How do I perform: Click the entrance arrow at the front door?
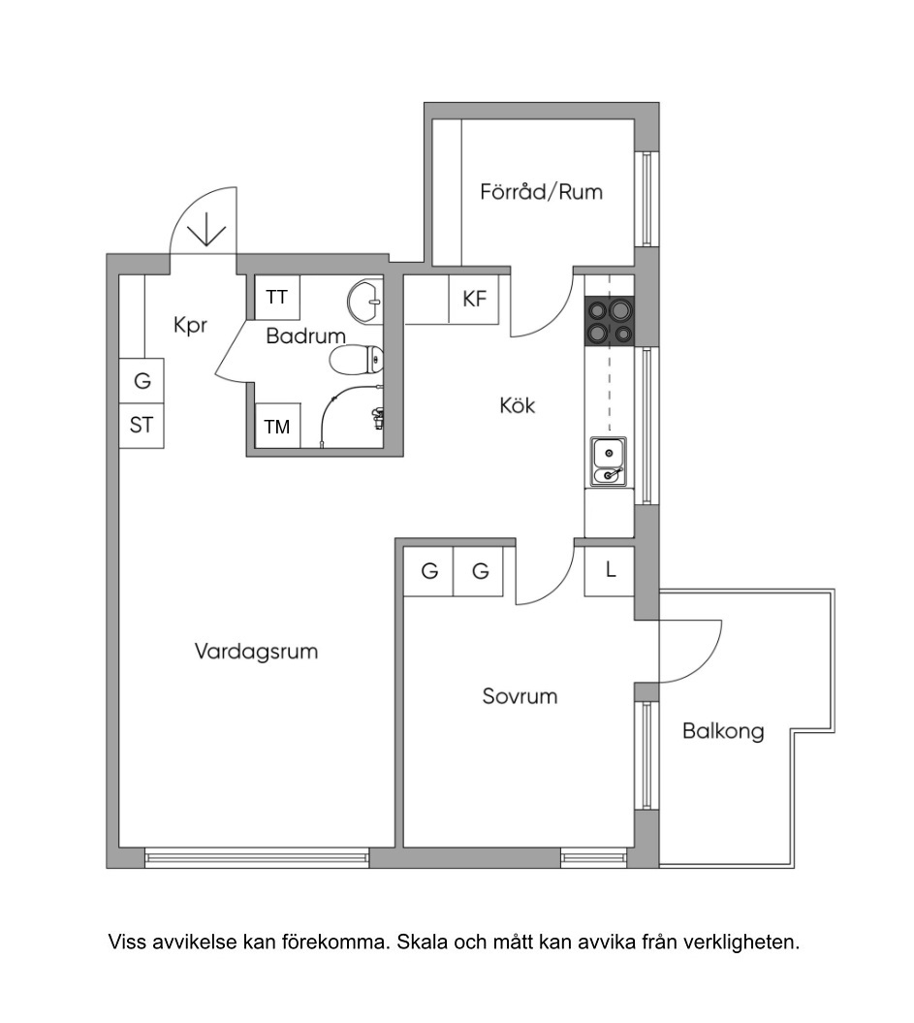coord(206,229)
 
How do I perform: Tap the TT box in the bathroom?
coord(277,297)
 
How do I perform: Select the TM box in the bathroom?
coord(277,426)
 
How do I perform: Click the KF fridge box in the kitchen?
coord(474,300)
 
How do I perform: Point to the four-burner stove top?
coord(610,320)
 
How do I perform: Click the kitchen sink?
coord(609,462)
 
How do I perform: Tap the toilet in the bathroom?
coord(356,360)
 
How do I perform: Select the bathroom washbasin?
coord(365,302)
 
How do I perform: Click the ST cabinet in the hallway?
coord(142,426)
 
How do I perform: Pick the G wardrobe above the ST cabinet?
coord(142,380)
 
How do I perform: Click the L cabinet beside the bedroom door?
coord(610,571)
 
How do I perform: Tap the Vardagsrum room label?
coord(256,651)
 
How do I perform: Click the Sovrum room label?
coord(520,696)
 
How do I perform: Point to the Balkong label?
coord(723,731)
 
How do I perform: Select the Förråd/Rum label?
coord(541,192)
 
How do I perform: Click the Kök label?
coord(518,405)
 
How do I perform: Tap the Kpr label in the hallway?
coord(190,325)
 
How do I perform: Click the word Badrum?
coord(305,336)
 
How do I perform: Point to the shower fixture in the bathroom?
coord(377,418)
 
